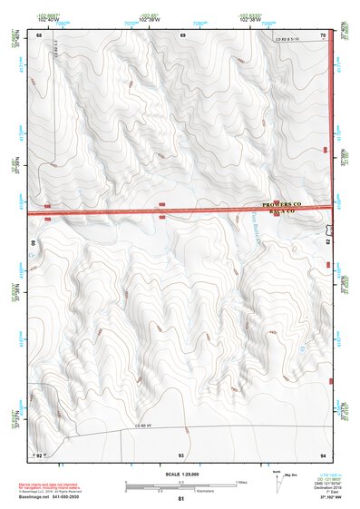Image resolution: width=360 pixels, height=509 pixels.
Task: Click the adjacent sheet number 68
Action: coord(38,34)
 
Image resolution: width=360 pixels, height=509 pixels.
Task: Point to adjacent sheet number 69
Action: coord(182,34)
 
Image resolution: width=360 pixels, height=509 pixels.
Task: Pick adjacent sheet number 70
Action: coord(323,34)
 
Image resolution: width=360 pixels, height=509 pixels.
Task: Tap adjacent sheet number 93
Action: coord(181,454)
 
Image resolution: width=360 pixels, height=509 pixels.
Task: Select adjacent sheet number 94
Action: coord(323,454)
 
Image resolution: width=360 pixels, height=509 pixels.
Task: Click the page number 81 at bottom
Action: coord(180,499)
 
